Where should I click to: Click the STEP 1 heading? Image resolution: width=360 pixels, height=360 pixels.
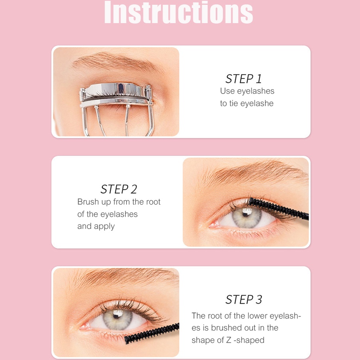[243, 79]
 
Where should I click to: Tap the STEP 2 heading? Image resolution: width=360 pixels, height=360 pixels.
[119, 189]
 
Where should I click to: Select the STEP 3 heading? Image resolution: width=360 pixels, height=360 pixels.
[244, 299]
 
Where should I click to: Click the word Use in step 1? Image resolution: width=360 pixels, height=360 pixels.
[227, 91]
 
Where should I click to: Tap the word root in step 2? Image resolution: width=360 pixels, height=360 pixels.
[153, 202]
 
